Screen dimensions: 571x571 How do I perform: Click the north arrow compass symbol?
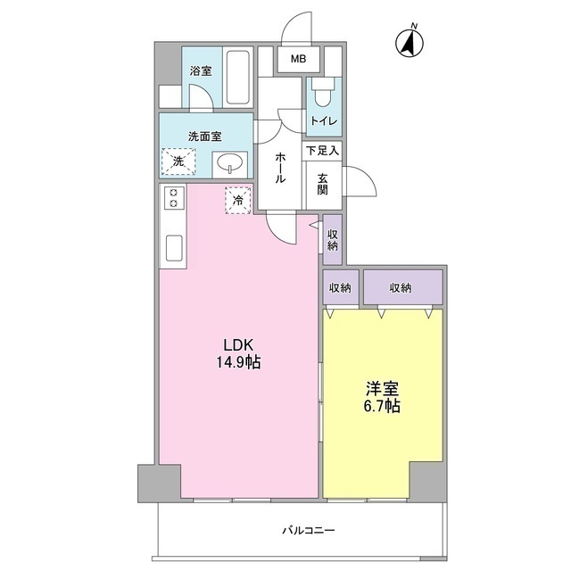pos(410,41)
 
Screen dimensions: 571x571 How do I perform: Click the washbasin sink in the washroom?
pos(231,163)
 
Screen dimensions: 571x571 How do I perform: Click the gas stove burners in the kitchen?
pos(172,199)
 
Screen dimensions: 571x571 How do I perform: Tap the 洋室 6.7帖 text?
pos(383,398)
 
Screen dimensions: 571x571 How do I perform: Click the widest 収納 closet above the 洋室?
pos(401,287)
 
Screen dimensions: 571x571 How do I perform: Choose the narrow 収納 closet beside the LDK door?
pos(333,239)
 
